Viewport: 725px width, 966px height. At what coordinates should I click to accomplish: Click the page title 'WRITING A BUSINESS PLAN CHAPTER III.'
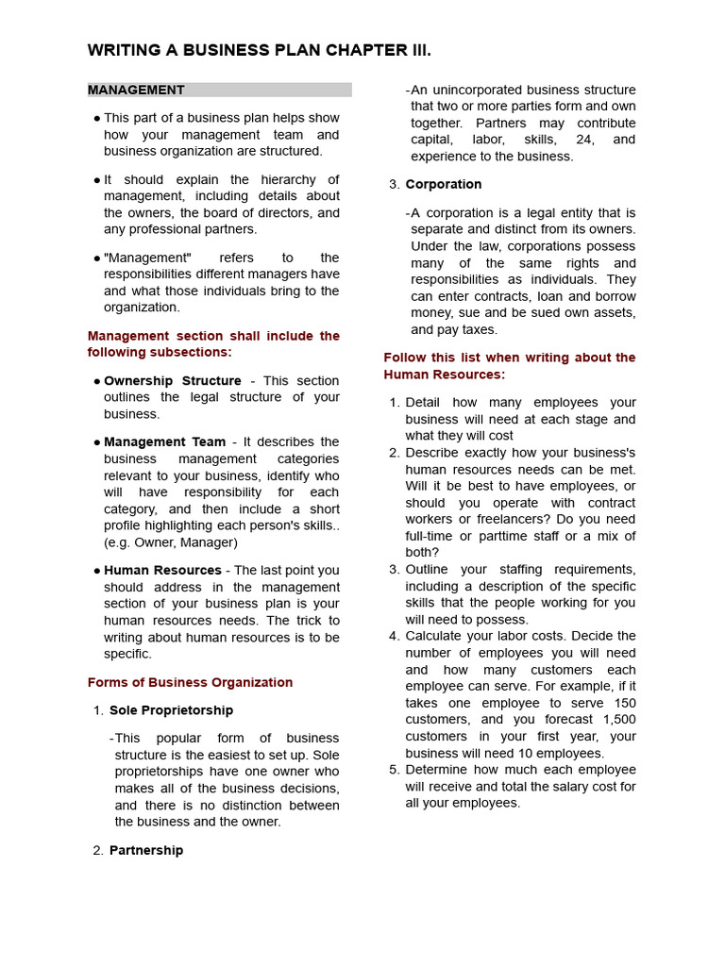(259, 51)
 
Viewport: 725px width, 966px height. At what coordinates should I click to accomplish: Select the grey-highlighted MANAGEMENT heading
(136, 91)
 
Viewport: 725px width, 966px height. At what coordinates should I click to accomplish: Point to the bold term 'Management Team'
(164, 441)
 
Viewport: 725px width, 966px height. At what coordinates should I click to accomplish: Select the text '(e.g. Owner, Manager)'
(170, 542)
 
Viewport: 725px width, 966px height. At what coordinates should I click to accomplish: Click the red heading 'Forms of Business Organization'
(190, 682)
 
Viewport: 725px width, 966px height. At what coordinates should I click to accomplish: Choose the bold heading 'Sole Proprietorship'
(171, 710)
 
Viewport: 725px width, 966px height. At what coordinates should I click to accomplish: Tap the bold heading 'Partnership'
(146, 850)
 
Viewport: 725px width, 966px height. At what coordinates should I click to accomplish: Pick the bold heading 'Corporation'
(444, 184)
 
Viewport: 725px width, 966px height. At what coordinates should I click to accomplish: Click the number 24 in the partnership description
(582, 140)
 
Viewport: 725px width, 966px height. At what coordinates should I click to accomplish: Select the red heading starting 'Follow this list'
(509, 358)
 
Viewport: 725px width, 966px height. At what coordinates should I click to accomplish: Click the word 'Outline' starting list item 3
(428, 570)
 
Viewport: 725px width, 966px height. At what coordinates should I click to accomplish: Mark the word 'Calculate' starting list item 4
(433, 636)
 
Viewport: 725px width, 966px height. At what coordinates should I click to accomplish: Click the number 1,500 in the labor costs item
(618, 720)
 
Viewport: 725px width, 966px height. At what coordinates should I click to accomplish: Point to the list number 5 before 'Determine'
(394, 770)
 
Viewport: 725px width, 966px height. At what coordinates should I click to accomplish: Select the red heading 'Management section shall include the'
(213, 336)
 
